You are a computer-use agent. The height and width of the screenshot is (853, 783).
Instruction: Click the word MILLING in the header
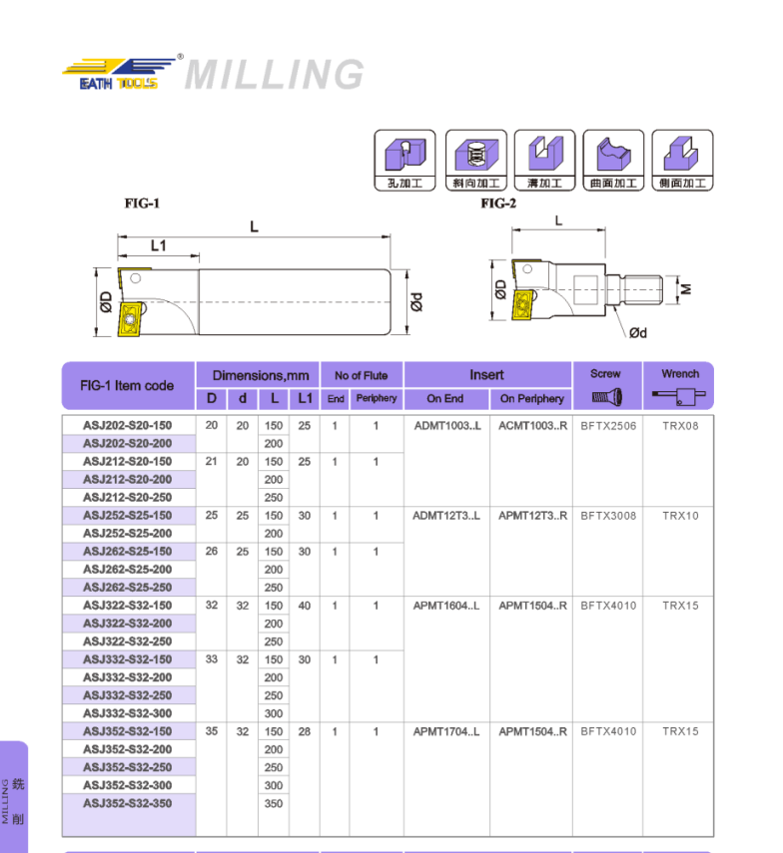pos(275,75)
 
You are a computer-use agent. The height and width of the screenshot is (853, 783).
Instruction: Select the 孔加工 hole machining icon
pos(404,160)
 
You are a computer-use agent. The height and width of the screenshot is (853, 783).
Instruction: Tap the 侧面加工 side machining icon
pos(682,160)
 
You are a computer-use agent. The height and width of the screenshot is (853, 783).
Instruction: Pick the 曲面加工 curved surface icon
pos(613,160)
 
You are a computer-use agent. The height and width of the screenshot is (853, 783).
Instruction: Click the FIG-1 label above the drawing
pos(142,204)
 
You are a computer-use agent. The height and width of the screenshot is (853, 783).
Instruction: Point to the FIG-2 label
pos(498,204)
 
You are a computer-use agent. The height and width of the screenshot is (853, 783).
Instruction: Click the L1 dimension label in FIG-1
pos(158,245)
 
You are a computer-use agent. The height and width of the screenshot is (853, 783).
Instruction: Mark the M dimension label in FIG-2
pos(686,289)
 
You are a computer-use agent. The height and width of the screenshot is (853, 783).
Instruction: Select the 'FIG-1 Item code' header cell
pos(127,386)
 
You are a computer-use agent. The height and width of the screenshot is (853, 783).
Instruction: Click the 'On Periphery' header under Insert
pos(531,399)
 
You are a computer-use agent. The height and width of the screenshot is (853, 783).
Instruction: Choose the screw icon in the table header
pos(605,397)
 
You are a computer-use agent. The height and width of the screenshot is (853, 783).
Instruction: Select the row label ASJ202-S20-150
pos(127,426)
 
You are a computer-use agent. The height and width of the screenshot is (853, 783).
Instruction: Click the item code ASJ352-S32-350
pos(127,803)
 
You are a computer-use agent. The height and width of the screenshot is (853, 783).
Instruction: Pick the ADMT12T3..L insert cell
pos(445,516)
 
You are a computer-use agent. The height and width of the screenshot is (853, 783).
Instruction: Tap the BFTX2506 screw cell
pos(607,426)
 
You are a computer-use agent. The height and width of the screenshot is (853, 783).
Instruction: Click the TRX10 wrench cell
pos(680,516)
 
